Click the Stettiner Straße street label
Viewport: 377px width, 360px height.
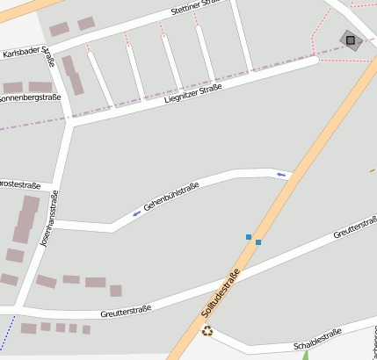199,12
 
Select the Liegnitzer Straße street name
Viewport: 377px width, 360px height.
192,93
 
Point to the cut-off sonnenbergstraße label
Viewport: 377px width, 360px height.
30,97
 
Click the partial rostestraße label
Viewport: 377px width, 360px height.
20,185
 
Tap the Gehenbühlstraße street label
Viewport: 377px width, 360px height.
172,196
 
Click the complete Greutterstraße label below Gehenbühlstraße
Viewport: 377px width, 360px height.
126,310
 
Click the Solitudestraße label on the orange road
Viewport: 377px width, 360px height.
221,294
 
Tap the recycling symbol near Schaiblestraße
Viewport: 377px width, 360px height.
207,330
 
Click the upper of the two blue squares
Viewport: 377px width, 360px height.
249,237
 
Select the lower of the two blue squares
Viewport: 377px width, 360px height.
258,242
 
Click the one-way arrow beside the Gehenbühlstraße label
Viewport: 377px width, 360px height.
136,213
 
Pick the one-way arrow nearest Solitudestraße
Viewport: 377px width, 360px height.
281,175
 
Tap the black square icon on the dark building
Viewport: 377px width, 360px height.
351,40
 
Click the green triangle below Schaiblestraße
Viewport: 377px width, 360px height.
305,356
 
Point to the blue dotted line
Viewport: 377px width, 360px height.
8,335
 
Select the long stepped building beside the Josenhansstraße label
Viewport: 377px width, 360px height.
25,220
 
